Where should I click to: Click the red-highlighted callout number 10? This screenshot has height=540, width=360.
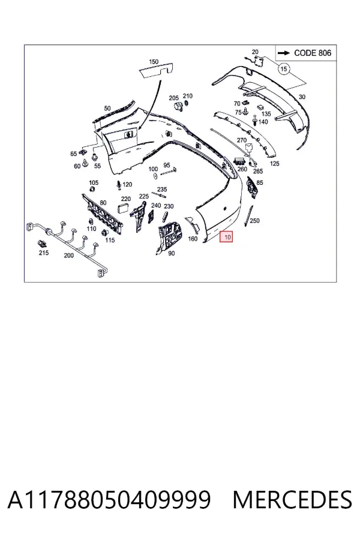227,236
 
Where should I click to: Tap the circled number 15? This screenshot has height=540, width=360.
284,69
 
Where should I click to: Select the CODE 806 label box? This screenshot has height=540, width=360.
306,53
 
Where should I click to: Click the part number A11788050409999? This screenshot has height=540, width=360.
109,500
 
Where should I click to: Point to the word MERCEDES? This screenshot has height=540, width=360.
292,500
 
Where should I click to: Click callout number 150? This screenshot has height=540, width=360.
154,62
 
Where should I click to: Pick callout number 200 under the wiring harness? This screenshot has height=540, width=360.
69,256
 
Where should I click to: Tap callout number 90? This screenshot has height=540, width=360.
171,253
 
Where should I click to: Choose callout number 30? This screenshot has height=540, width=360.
302,97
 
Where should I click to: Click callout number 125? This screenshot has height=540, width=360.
275,164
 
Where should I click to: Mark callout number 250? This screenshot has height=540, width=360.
254,220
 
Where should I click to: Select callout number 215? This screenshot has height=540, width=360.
43,253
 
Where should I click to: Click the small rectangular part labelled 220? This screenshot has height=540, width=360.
123,208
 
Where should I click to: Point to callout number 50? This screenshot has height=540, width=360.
107,108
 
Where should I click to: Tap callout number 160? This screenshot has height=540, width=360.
193,239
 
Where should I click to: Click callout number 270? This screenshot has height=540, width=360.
242,140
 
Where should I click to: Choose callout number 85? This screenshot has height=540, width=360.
260,182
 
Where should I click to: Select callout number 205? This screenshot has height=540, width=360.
173,98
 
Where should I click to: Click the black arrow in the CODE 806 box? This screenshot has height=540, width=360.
284,53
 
